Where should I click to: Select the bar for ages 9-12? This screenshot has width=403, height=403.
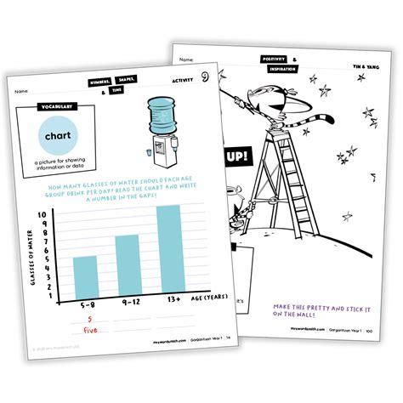126,264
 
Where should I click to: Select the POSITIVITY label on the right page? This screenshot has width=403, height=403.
275,58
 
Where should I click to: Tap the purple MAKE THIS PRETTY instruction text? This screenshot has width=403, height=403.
318,309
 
